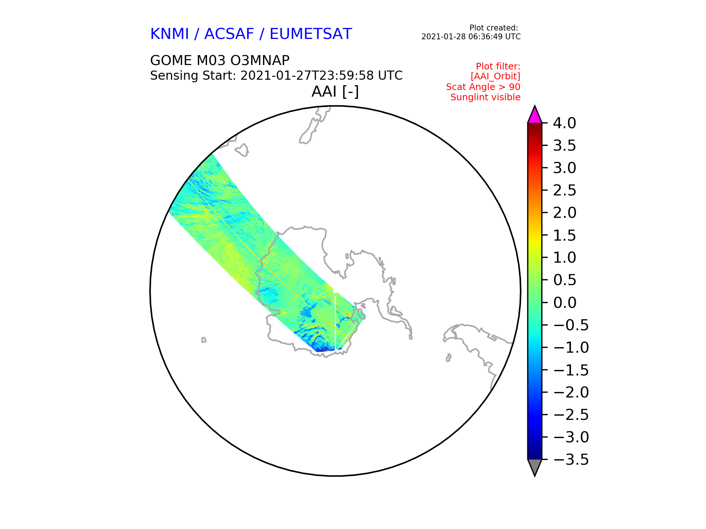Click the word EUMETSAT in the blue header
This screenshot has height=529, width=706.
pos(311,34)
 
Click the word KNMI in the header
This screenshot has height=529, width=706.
pos(170,34)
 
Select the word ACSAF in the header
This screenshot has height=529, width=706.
pos(229,34)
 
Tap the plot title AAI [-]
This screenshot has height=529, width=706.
pos(335,91)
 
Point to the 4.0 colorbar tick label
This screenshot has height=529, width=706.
pos(564,123)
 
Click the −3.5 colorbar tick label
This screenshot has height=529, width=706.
pos(571,460)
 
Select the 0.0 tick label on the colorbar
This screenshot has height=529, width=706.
pos(564,303)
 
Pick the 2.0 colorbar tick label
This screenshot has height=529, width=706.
pos(564,213)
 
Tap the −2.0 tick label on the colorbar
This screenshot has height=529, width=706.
pos(571,392)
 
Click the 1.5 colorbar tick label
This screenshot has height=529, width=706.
pos(564,235)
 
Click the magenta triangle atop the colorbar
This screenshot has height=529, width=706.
pos(535,115)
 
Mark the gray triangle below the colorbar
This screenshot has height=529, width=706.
pos(535,468)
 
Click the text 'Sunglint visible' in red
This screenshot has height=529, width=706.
pos(485,97)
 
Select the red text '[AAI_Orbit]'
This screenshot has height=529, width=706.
pos(495,76)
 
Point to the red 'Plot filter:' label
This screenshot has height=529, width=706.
pos(498,66)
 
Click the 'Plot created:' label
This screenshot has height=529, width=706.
pos(494,28)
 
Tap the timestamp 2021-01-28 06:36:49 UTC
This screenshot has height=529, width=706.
pos(471,37)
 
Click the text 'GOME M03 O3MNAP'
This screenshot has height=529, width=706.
pos(220,60)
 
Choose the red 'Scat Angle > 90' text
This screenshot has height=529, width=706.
pos(483,87)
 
